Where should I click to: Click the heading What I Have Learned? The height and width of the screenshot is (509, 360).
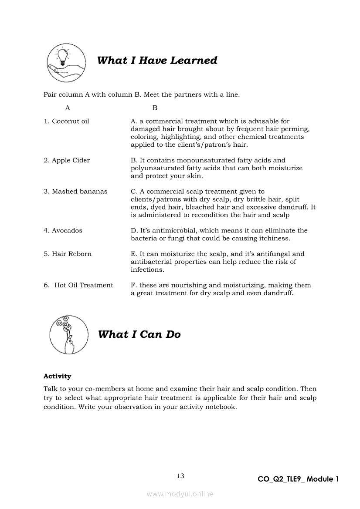point(157,61)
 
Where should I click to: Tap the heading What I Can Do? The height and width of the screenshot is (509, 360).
point(139,334)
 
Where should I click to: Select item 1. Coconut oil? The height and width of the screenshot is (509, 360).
point(66,121)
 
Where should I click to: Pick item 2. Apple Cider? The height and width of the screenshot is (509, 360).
point(67,160)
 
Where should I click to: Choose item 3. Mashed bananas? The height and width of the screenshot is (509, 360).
point(75,192)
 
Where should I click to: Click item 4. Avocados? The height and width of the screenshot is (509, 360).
point(63,231)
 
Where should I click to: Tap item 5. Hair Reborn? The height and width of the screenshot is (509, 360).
point(68,254)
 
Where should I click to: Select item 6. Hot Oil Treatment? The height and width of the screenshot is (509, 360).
point(78,286)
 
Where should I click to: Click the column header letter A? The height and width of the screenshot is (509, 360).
point(68,108)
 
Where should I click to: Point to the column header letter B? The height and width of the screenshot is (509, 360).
point(155,108)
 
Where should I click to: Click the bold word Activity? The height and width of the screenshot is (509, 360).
point(57,376)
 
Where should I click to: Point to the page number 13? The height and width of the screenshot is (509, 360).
point(180,476)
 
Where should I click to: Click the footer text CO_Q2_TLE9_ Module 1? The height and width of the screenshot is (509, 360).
point(298,479)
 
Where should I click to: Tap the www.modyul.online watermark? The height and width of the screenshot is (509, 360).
point(180,494)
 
